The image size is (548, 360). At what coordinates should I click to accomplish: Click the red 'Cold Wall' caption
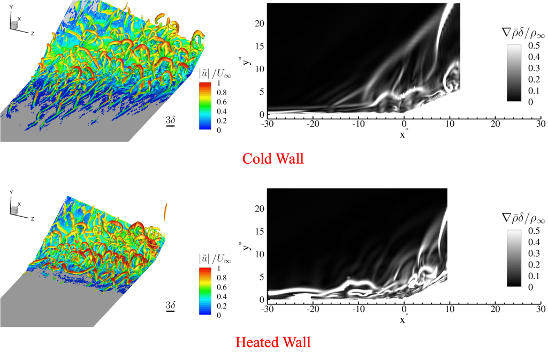[x=273, y=159]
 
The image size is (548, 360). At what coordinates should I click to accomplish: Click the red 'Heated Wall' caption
[x=273, y=341]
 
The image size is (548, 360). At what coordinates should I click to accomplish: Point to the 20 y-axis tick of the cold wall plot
[x=258, y=23]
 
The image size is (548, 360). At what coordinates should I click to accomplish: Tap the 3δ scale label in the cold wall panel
[x=171, y=119]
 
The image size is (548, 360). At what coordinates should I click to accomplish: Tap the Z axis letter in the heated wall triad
[x=33, y=219]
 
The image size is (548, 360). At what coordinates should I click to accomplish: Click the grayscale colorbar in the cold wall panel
[x=514, y=73]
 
